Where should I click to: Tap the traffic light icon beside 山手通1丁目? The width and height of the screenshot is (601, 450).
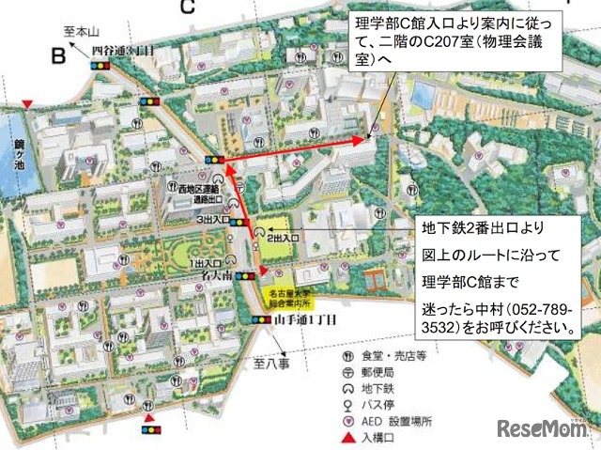coord(261,319)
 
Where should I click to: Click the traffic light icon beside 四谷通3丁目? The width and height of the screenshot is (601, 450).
coord(100,66)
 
